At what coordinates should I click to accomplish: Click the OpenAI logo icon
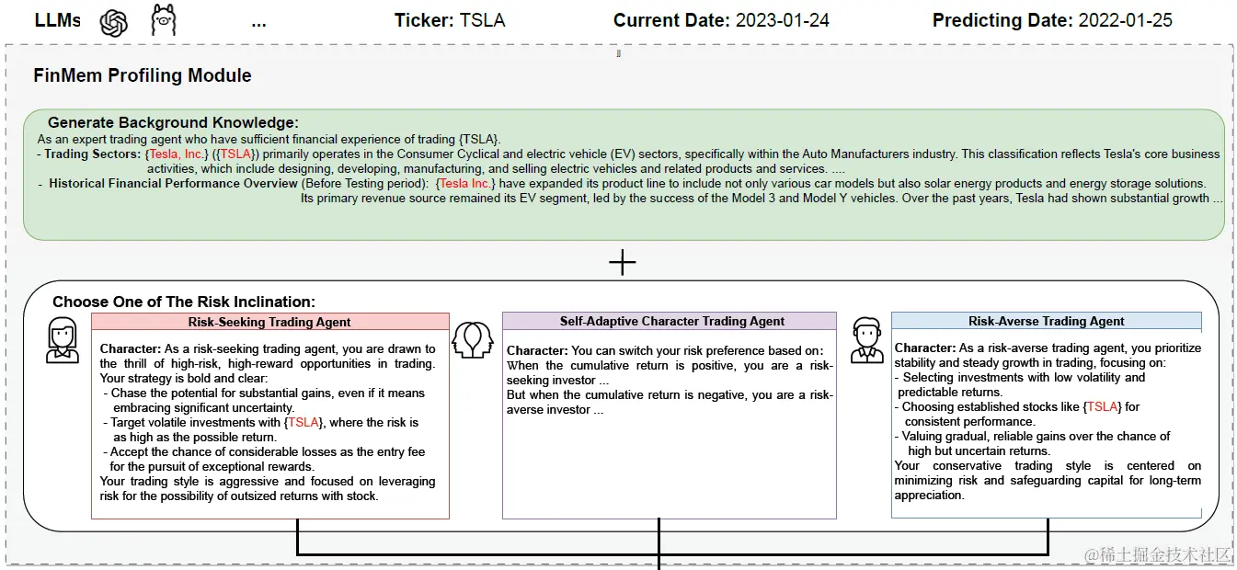(x=114, y=23)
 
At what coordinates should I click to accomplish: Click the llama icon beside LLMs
(x=164, y=20)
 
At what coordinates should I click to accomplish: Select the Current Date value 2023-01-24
(x=782, y=20)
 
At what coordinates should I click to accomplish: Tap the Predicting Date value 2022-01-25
(x=1125, y=20)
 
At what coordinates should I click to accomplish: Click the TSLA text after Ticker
(x=482, y=20)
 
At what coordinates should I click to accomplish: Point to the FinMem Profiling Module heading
(x=143, y=75)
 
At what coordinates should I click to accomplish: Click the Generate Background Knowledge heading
(x=173, y=122)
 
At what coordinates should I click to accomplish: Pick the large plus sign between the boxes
(x=623, y=262)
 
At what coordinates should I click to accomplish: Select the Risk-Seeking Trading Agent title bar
(x=270, y=322)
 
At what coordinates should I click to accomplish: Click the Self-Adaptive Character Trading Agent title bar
(x=670, y=321)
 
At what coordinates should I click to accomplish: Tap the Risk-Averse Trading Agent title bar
(x=1046, y=321)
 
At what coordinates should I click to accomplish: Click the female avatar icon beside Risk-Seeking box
(x=62, y=340)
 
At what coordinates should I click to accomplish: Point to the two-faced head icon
(x=472, y=340)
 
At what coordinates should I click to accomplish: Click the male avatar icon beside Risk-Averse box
(x=867, y=340)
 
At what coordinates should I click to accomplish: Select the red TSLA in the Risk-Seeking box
(x=304, y=422)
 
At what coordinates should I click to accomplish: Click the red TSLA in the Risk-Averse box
(x=1102, y=406)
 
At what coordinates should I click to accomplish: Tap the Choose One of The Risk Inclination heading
(x=184, y=302)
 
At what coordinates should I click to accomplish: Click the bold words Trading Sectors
(x=92, y=154)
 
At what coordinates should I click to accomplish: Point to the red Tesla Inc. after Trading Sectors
(x=176, y=154)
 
